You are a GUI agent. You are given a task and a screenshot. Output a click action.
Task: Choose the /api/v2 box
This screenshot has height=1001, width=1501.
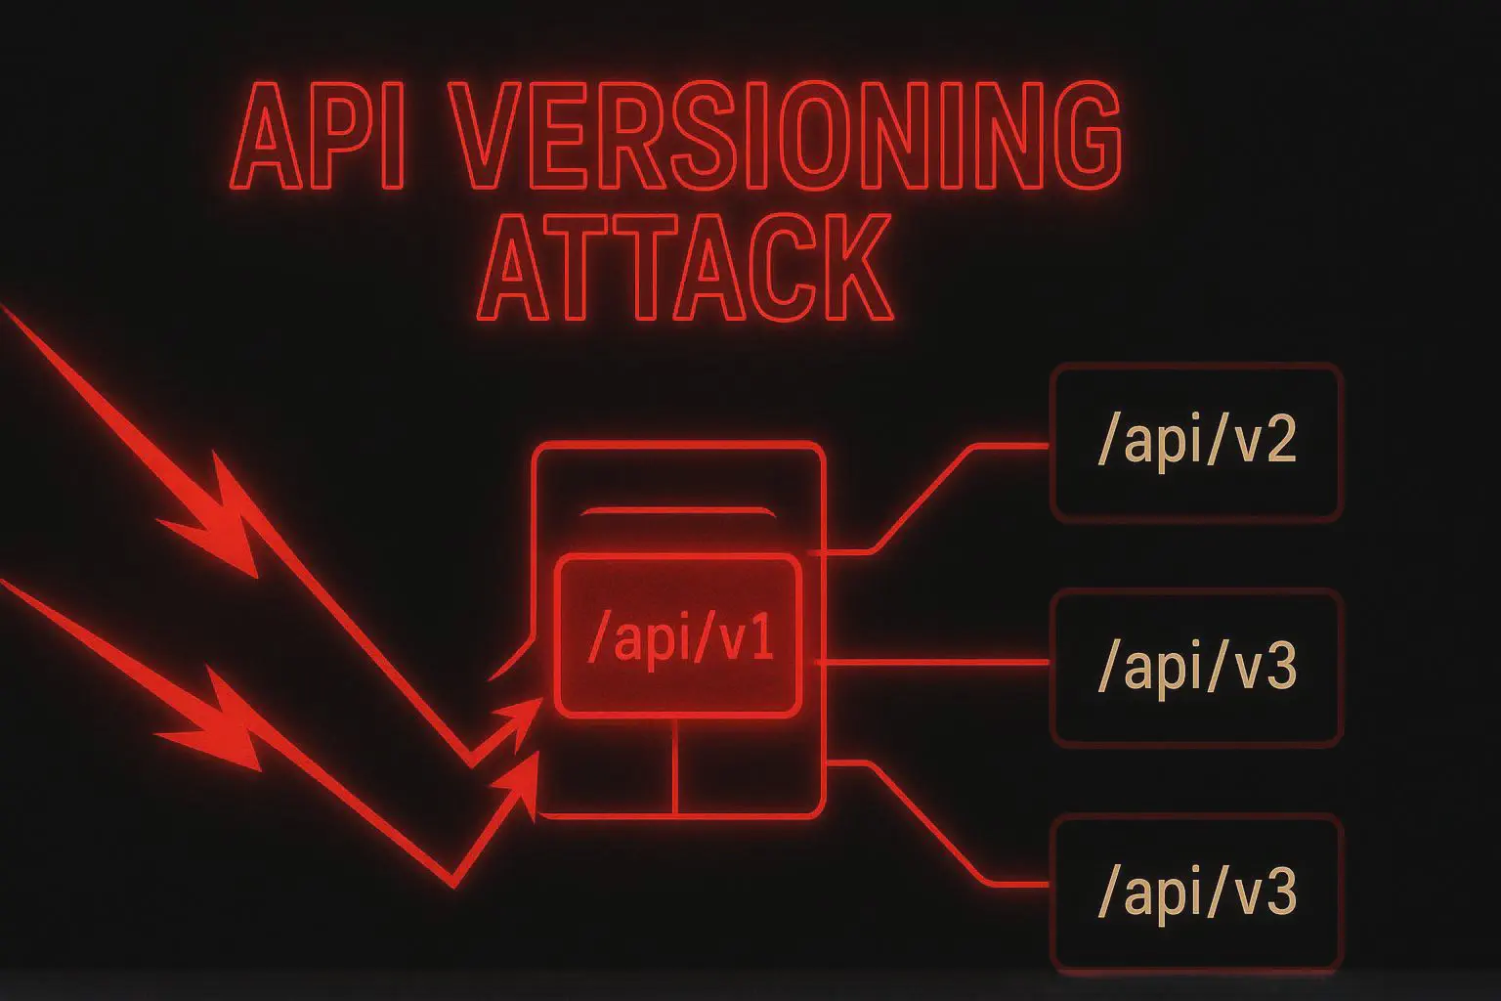point(1196,441)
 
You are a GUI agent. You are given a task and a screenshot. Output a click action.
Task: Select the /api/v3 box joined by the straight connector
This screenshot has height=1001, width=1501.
point(1196,667)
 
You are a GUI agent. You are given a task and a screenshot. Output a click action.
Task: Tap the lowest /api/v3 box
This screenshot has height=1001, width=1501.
point(1196,892)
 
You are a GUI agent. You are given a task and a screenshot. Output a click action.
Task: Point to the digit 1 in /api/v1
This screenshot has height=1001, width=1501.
point(759,645)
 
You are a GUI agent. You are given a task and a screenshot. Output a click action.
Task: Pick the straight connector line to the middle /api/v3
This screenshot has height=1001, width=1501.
point(933,663)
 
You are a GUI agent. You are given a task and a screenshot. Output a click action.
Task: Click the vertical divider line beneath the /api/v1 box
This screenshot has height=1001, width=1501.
point(675,767)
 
